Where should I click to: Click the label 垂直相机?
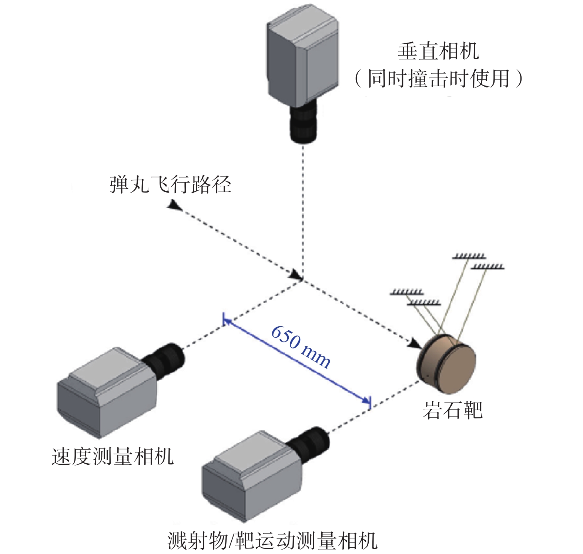point(438,51)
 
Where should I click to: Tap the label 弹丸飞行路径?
point(171,184)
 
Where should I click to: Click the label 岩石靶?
point(453,410)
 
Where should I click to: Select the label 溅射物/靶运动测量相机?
point(272,541)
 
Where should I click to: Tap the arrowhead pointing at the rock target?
point(415,344)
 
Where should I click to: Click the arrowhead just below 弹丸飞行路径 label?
point(174,204)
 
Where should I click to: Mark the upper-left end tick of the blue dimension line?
point(224,319)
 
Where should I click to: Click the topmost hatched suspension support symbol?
point(469,256)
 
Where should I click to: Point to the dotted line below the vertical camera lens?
point(303,211)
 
